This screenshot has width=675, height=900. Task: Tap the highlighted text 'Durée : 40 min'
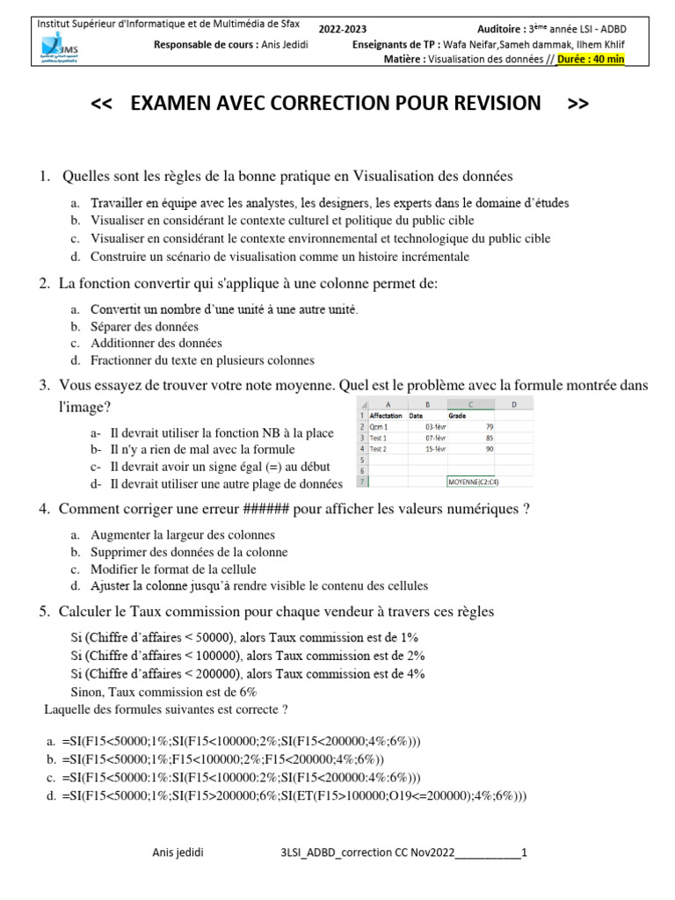tap(591, 60)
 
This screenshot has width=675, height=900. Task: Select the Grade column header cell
tap(458, 415)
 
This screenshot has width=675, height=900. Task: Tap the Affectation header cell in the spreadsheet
tap(386, 415)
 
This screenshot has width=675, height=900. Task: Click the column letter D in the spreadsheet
tap(512, 403)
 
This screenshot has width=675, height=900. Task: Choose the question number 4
tap(43, 510)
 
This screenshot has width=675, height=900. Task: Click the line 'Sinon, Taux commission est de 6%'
tap(163, 692)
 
